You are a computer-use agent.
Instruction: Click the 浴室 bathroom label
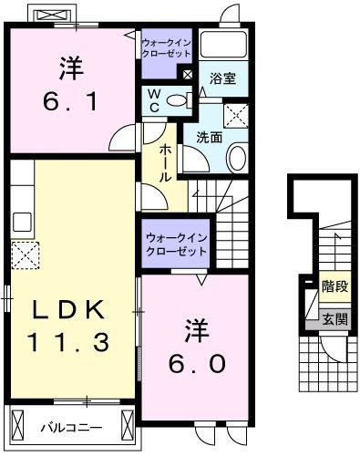click(222, 78)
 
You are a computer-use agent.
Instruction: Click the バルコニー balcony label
click(68, 426)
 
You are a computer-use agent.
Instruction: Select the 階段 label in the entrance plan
click(334, 286)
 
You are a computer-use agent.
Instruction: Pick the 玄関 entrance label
click(334, 318)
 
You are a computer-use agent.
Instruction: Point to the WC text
click(153, 99)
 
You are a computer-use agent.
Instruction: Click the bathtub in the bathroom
click(222, 45)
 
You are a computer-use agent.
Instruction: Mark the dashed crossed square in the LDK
click(24, 254)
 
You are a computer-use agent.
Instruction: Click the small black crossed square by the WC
click(187, 75)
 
